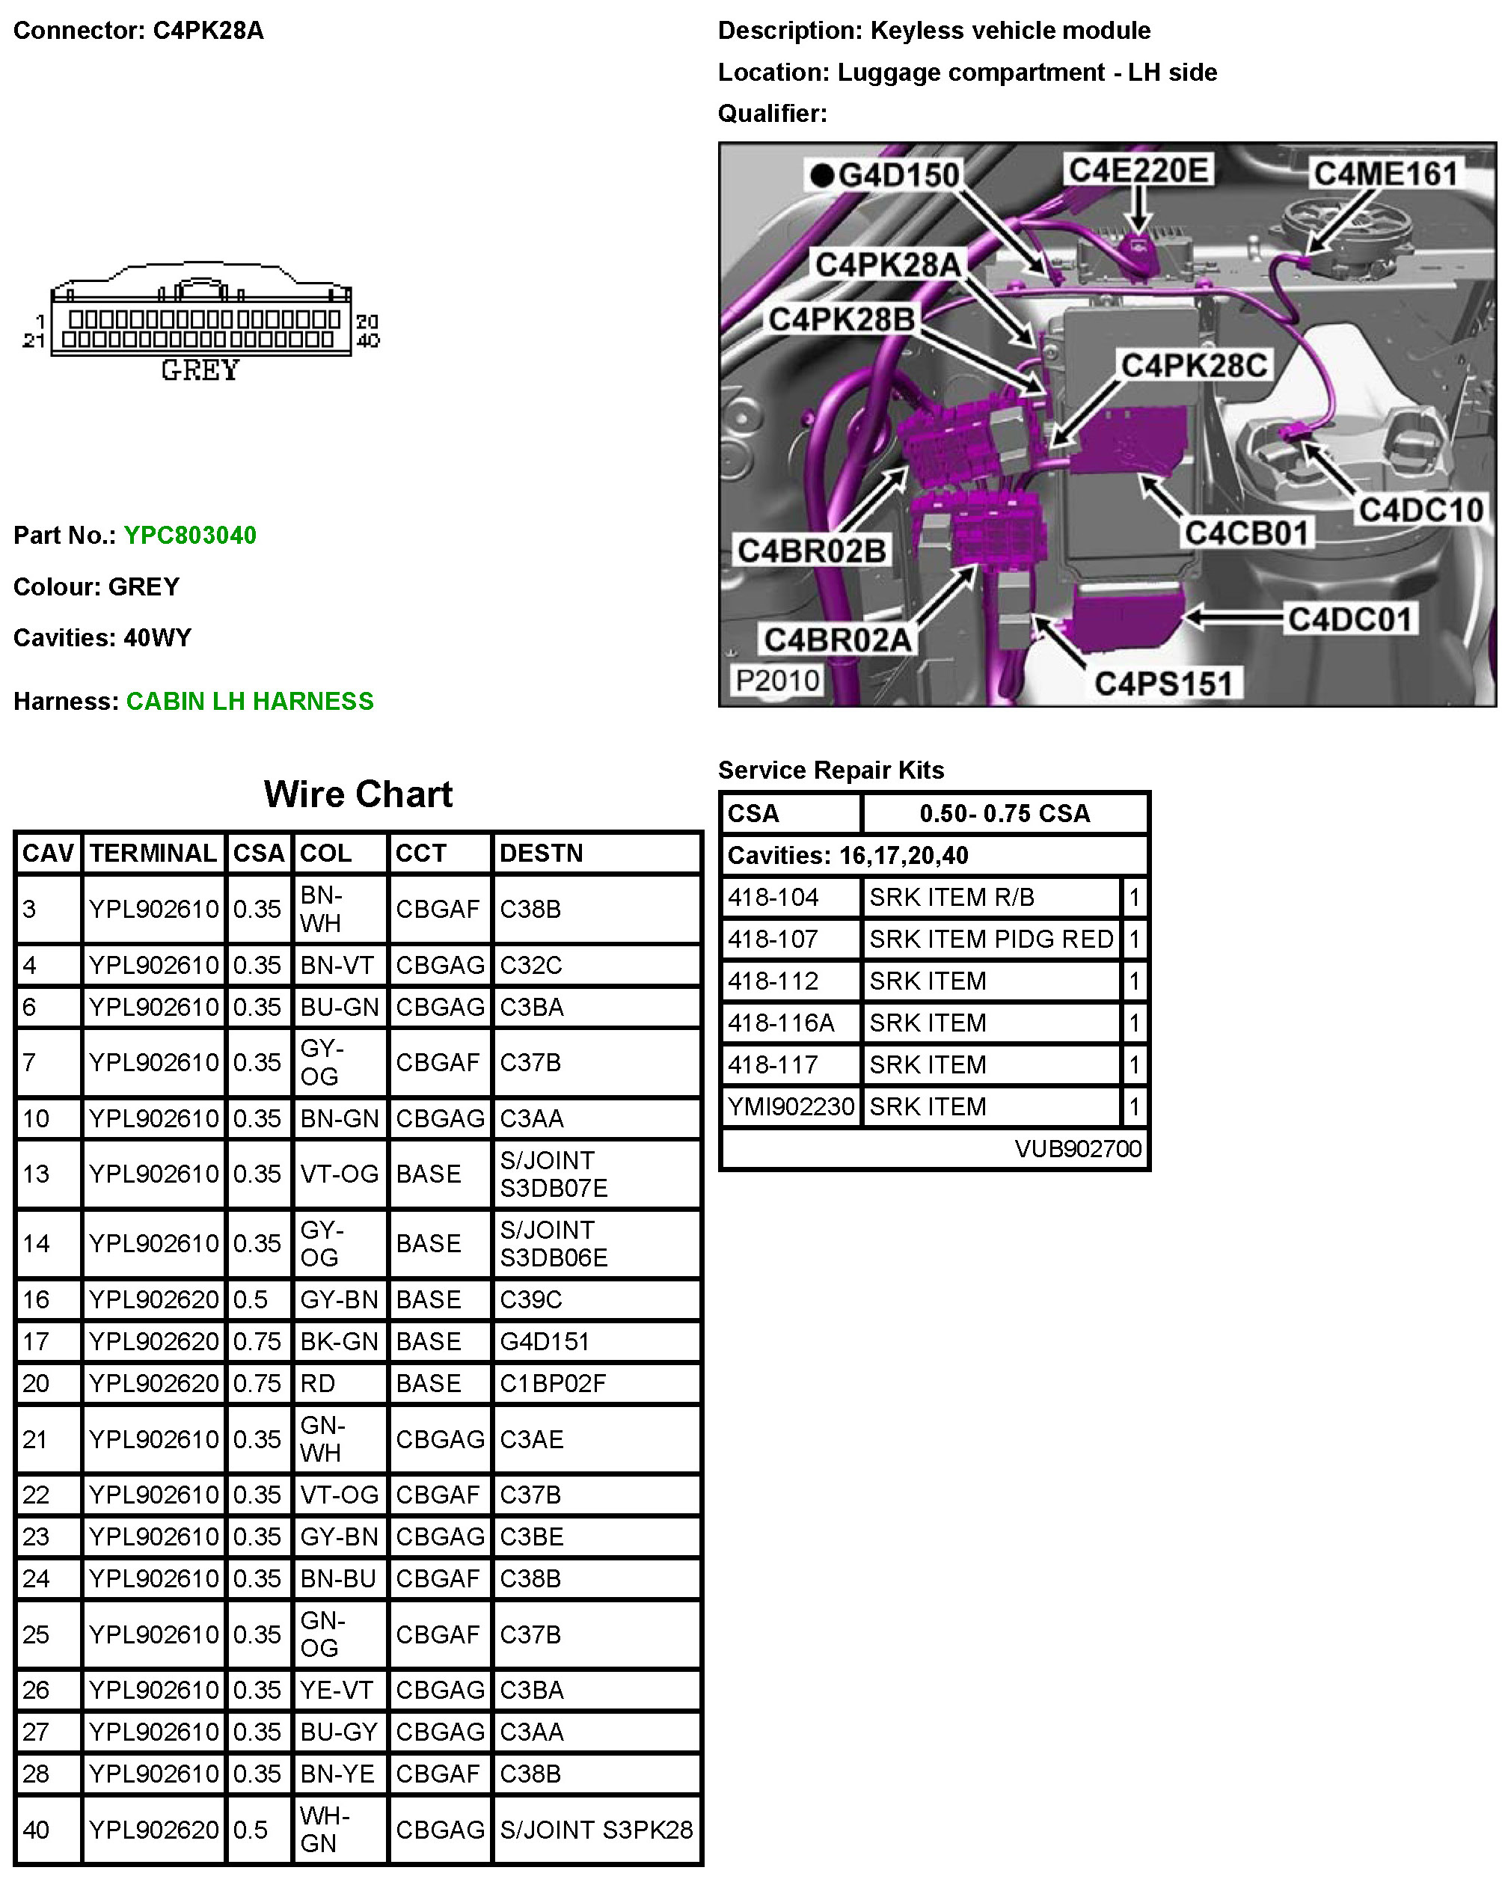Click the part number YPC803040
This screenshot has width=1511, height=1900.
189,535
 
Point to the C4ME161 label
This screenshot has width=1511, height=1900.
1385,174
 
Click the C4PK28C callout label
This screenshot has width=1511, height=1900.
1193,365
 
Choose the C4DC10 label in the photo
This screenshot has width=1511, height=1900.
1420,509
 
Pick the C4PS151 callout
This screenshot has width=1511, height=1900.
1162,683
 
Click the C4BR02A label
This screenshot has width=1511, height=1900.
837,640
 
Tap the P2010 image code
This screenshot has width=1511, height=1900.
777,680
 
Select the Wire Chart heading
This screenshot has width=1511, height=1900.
358,794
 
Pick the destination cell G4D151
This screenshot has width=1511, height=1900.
544,1341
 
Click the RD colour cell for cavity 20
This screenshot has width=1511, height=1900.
318,1384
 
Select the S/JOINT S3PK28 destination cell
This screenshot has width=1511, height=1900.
595,1830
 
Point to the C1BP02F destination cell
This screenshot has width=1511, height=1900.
553,1384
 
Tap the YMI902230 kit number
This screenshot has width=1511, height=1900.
791,1106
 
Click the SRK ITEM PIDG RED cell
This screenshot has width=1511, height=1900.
990,940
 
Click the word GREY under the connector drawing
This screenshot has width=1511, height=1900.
200,371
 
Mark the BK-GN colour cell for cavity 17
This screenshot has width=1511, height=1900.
339,1341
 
